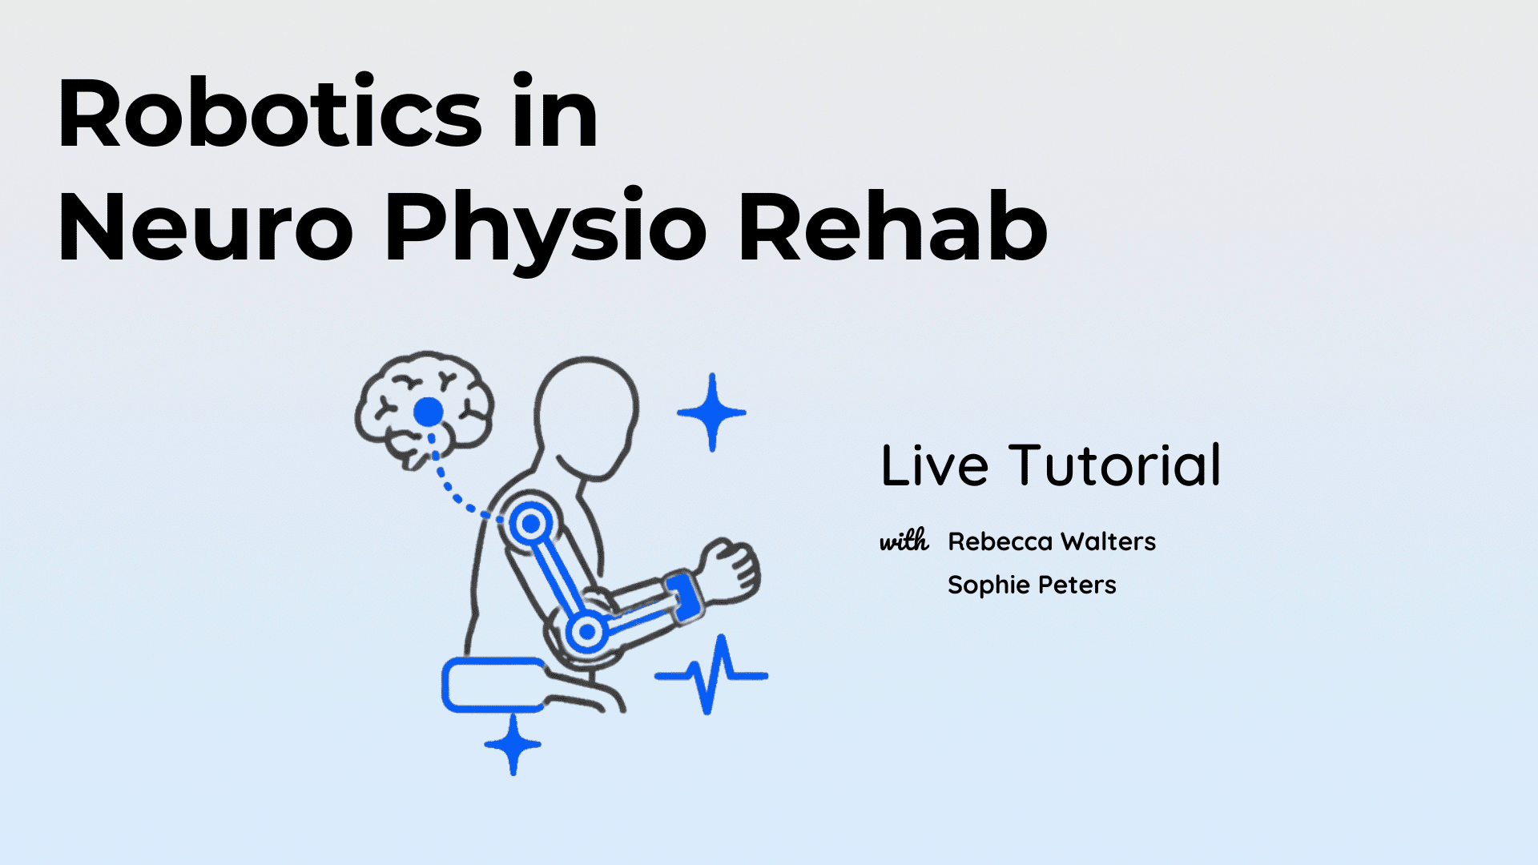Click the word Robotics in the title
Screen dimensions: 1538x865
[270, 113]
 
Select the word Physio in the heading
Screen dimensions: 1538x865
[546, 231]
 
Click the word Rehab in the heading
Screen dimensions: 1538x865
[892, 227]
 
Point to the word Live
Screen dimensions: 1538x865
[935, 465]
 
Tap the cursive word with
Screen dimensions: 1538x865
[904, 541]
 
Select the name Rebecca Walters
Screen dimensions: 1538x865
[1052, 541]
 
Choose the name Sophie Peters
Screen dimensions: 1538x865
[1032, 585]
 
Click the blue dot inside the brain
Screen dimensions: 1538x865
[429, 412]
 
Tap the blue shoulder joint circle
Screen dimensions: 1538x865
[529, 525]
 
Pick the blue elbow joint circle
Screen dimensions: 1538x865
[586, 632]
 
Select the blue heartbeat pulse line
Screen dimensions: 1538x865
[711, 674]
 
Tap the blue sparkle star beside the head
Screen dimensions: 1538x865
[711, 412]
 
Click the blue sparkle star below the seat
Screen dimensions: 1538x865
[513, 744]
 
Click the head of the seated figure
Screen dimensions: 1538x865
[587, 417]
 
